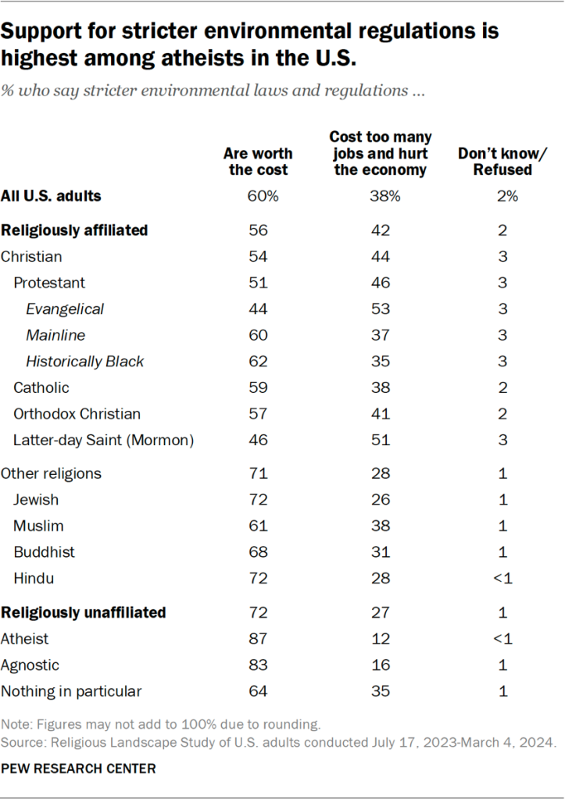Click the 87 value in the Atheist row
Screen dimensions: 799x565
[258, 639]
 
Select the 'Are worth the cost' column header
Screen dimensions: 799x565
[258, 162]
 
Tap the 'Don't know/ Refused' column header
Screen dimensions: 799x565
[495, 162]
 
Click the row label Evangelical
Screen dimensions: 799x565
[65, 309]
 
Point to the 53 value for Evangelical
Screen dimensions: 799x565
[380, 309]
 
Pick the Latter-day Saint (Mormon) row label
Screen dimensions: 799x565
[103, 441]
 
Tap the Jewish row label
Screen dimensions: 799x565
[36, 499]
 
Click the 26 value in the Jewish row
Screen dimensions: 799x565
[380, 499]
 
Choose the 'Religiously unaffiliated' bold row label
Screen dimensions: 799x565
[84, 612]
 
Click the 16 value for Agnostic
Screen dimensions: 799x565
[380, 665]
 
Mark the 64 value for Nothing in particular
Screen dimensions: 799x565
[258, 691]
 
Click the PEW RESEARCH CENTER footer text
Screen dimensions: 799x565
[78, 769]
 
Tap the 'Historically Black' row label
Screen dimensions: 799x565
[85, 361]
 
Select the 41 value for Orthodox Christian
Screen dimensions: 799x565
[380, 414]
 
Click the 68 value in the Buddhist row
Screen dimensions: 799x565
[258, 552]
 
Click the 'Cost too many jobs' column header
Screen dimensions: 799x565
[381, 154]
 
